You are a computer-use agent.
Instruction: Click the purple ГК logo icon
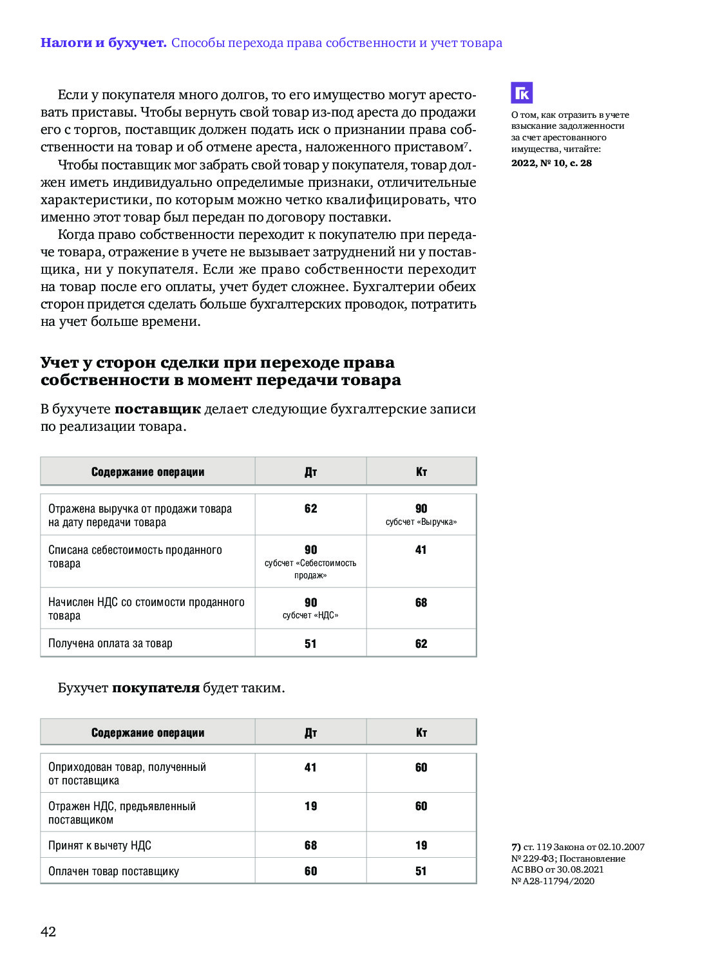point(522,93)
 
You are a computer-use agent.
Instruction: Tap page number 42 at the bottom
point(48,931)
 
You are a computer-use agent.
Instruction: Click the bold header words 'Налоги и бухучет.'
point(103,43)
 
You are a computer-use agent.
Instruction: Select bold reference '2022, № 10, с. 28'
point(551,163)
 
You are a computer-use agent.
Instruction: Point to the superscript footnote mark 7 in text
point(466,143)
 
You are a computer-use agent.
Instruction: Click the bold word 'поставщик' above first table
point(158,409)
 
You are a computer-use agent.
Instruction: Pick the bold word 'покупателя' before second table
point(156,688)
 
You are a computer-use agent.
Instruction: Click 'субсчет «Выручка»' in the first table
point(421,522)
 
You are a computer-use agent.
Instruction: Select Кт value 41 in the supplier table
point(421,550)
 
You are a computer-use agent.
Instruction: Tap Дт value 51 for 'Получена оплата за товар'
point(310,643)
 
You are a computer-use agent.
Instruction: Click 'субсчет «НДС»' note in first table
point(310,615)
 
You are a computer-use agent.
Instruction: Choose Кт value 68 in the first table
point(421,603)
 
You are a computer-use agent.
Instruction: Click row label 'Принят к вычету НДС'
point(100,846)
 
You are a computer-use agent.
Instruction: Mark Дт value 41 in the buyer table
point(310,768)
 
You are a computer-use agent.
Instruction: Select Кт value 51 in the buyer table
point(421,871)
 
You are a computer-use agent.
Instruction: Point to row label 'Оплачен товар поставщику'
point(113,871)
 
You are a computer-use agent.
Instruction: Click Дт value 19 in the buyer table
point(310,806)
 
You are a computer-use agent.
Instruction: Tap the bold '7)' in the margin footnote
point(516,847)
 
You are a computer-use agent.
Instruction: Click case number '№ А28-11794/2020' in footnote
point(553,881)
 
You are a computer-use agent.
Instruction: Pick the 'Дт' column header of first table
point(310,472)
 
